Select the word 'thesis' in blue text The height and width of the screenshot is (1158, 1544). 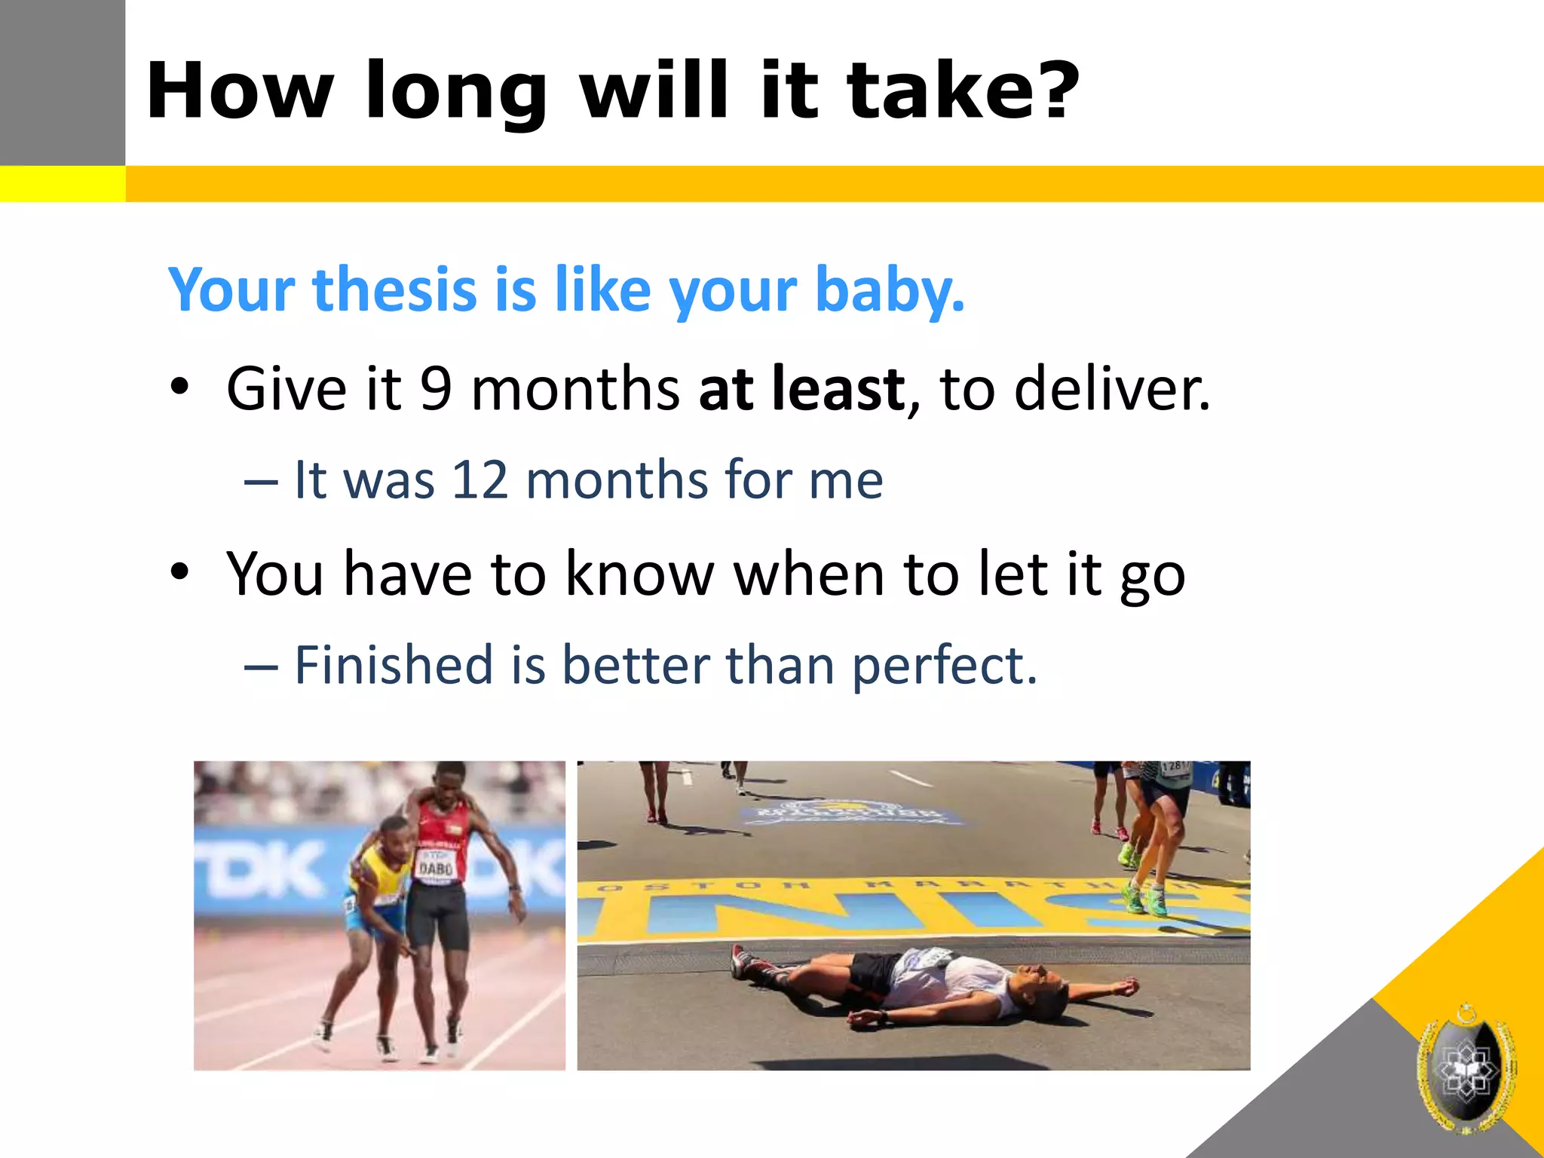(x=394, y=289)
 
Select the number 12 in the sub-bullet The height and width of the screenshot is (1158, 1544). (x=479, y=480)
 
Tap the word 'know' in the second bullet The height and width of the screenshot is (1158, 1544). (x=639, y=575)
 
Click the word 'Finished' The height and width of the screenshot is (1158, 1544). (x=393, y=666)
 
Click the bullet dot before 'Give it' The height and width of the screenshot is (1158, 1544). (x=179, y=388)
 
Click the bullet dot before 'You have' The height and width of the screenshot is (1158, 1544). (x=179, y=572)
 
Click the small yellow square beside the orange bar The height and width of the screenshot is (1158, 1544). (x=62, y=184)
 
